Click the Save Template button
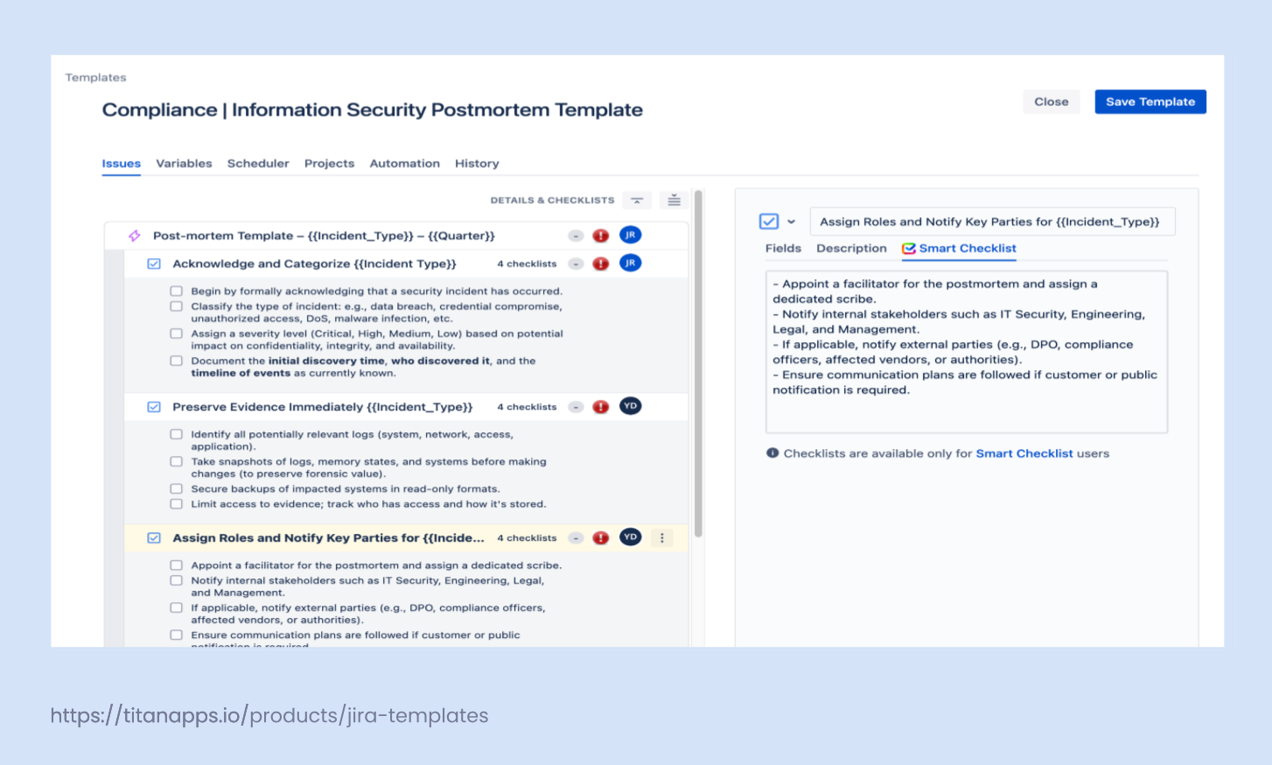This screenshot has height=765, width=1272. (1150, 102)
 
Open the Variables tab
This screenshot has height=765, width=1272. (184, 164)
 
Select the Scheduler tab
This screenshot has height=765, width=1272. (258, 164)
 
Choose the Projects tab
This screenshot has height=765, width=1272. (329, 164)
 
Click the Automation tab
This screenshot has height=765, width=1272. (404, 164)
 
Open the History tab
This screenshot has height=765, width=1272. (477, 164)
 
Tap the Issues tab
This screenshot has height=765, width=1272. (121, 164)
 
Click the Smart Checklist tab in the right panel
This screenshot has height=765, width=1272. (967, 249)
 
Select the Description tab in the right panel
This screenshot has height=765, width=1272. (851, 249)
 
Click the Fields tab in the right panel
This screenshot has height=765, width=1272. (783, 249)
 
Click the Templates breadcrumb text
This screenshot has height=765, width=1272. (95, 78)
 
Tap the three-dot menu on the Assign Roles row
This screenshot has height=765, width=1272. (662, 538)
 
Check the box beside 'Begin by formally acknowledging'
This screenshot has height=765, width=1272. (177, 291)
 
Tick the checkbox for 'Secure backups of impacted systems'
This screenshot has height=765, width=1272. (177, 489)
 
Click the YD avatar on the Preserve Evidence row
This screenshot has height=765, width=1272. (630, 406)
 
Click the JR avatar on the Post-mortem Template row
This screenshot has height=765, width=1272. (630, 235)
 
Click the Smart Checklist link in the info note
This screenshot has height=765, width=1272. (1024, 453)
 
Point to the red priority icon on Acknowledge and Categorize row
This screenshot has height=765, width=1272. (601, 263)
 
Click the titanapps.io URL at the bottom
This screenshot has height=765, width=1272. (269, 715)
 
